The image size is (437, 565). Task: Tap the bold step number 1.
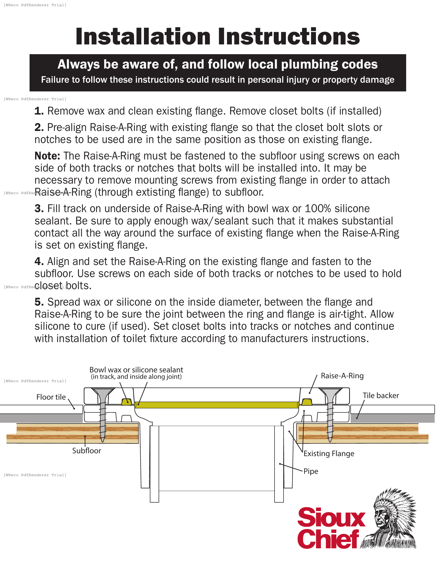[x=39, y=111]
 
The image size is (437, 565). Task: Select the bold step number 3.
[x=39, y=209]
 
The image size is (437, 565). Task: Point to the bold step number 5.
[x=39, y=302]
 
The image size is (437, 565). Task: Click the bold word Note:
[x=47, y=156]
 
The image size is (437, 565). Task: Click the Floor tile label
[x=51, y=397]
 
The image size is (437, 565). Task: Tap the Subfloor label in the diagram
[x=86, y=451]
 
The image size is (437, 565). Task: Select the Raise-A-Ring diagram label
[x=342, y=376]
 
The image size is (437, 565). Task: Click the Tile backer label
[x=380, y=395]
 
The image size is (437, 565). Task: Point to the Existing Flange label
[x=329, y=454]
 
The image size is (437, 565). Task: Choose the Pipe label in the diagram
[x=311, y=471]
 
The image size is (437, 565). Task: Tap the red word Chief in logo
[x=328, y=539]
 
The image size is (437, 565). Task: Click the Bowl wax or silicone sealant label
[x=136, y=370]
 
